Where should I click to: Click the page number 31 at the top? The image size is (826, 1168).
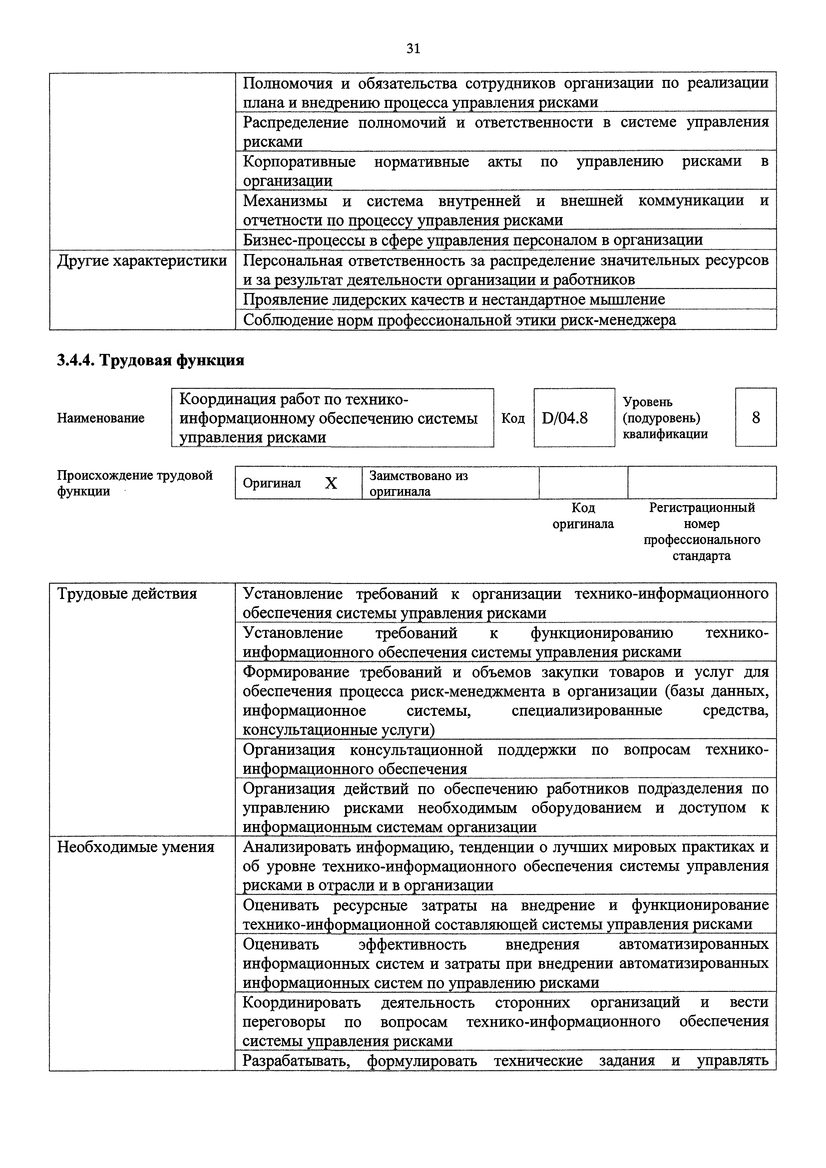point(413,48)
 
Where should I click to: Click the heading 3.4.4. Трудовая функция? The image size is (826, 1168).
point(151,360)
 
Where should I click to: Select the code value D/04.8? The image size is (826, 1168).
point(565,418)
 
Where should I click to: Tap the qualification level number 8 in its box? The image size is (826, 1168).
point(756,418)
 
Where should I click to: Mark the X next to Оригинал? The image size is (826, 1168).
point(331,483)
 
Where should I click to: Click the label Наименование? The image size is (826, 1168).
point(101,418)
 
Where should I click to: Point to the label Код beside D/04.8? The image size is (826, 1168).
point(513,418)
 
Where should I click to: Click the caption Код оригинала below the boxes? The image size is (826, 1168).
point(583,516)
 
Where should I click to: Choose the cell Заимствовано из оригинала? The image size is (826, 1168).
point(418,483)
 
